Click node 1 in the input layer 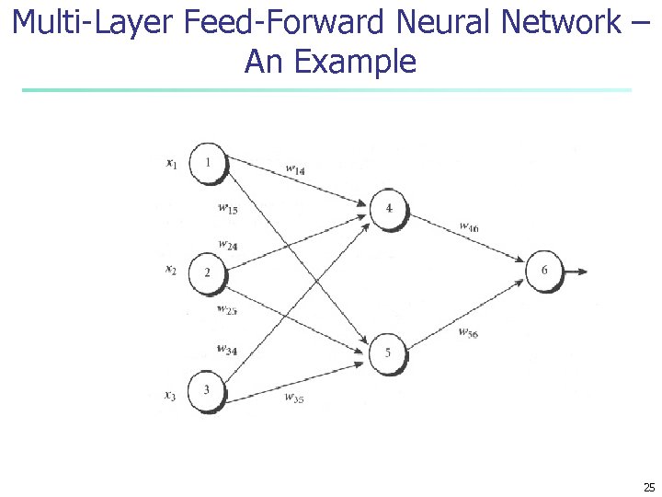pos(208,163)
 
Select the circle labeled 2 pos(207,272)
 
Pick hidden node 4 pos(388,209)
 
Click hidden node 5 pos(388,353)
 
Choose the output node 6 pos(544,271)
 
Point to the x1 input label pos(171,164)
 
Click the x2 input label pos(170,270)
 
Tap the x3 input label pos(170,395)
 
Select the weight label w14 pos(295,169)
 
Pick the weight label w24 pos(227,245)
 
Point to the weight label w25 pos(227,309)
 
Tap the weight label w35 pos(294,398)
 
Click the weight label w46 pos(468,226)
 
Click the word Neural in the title pos(448,22)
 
